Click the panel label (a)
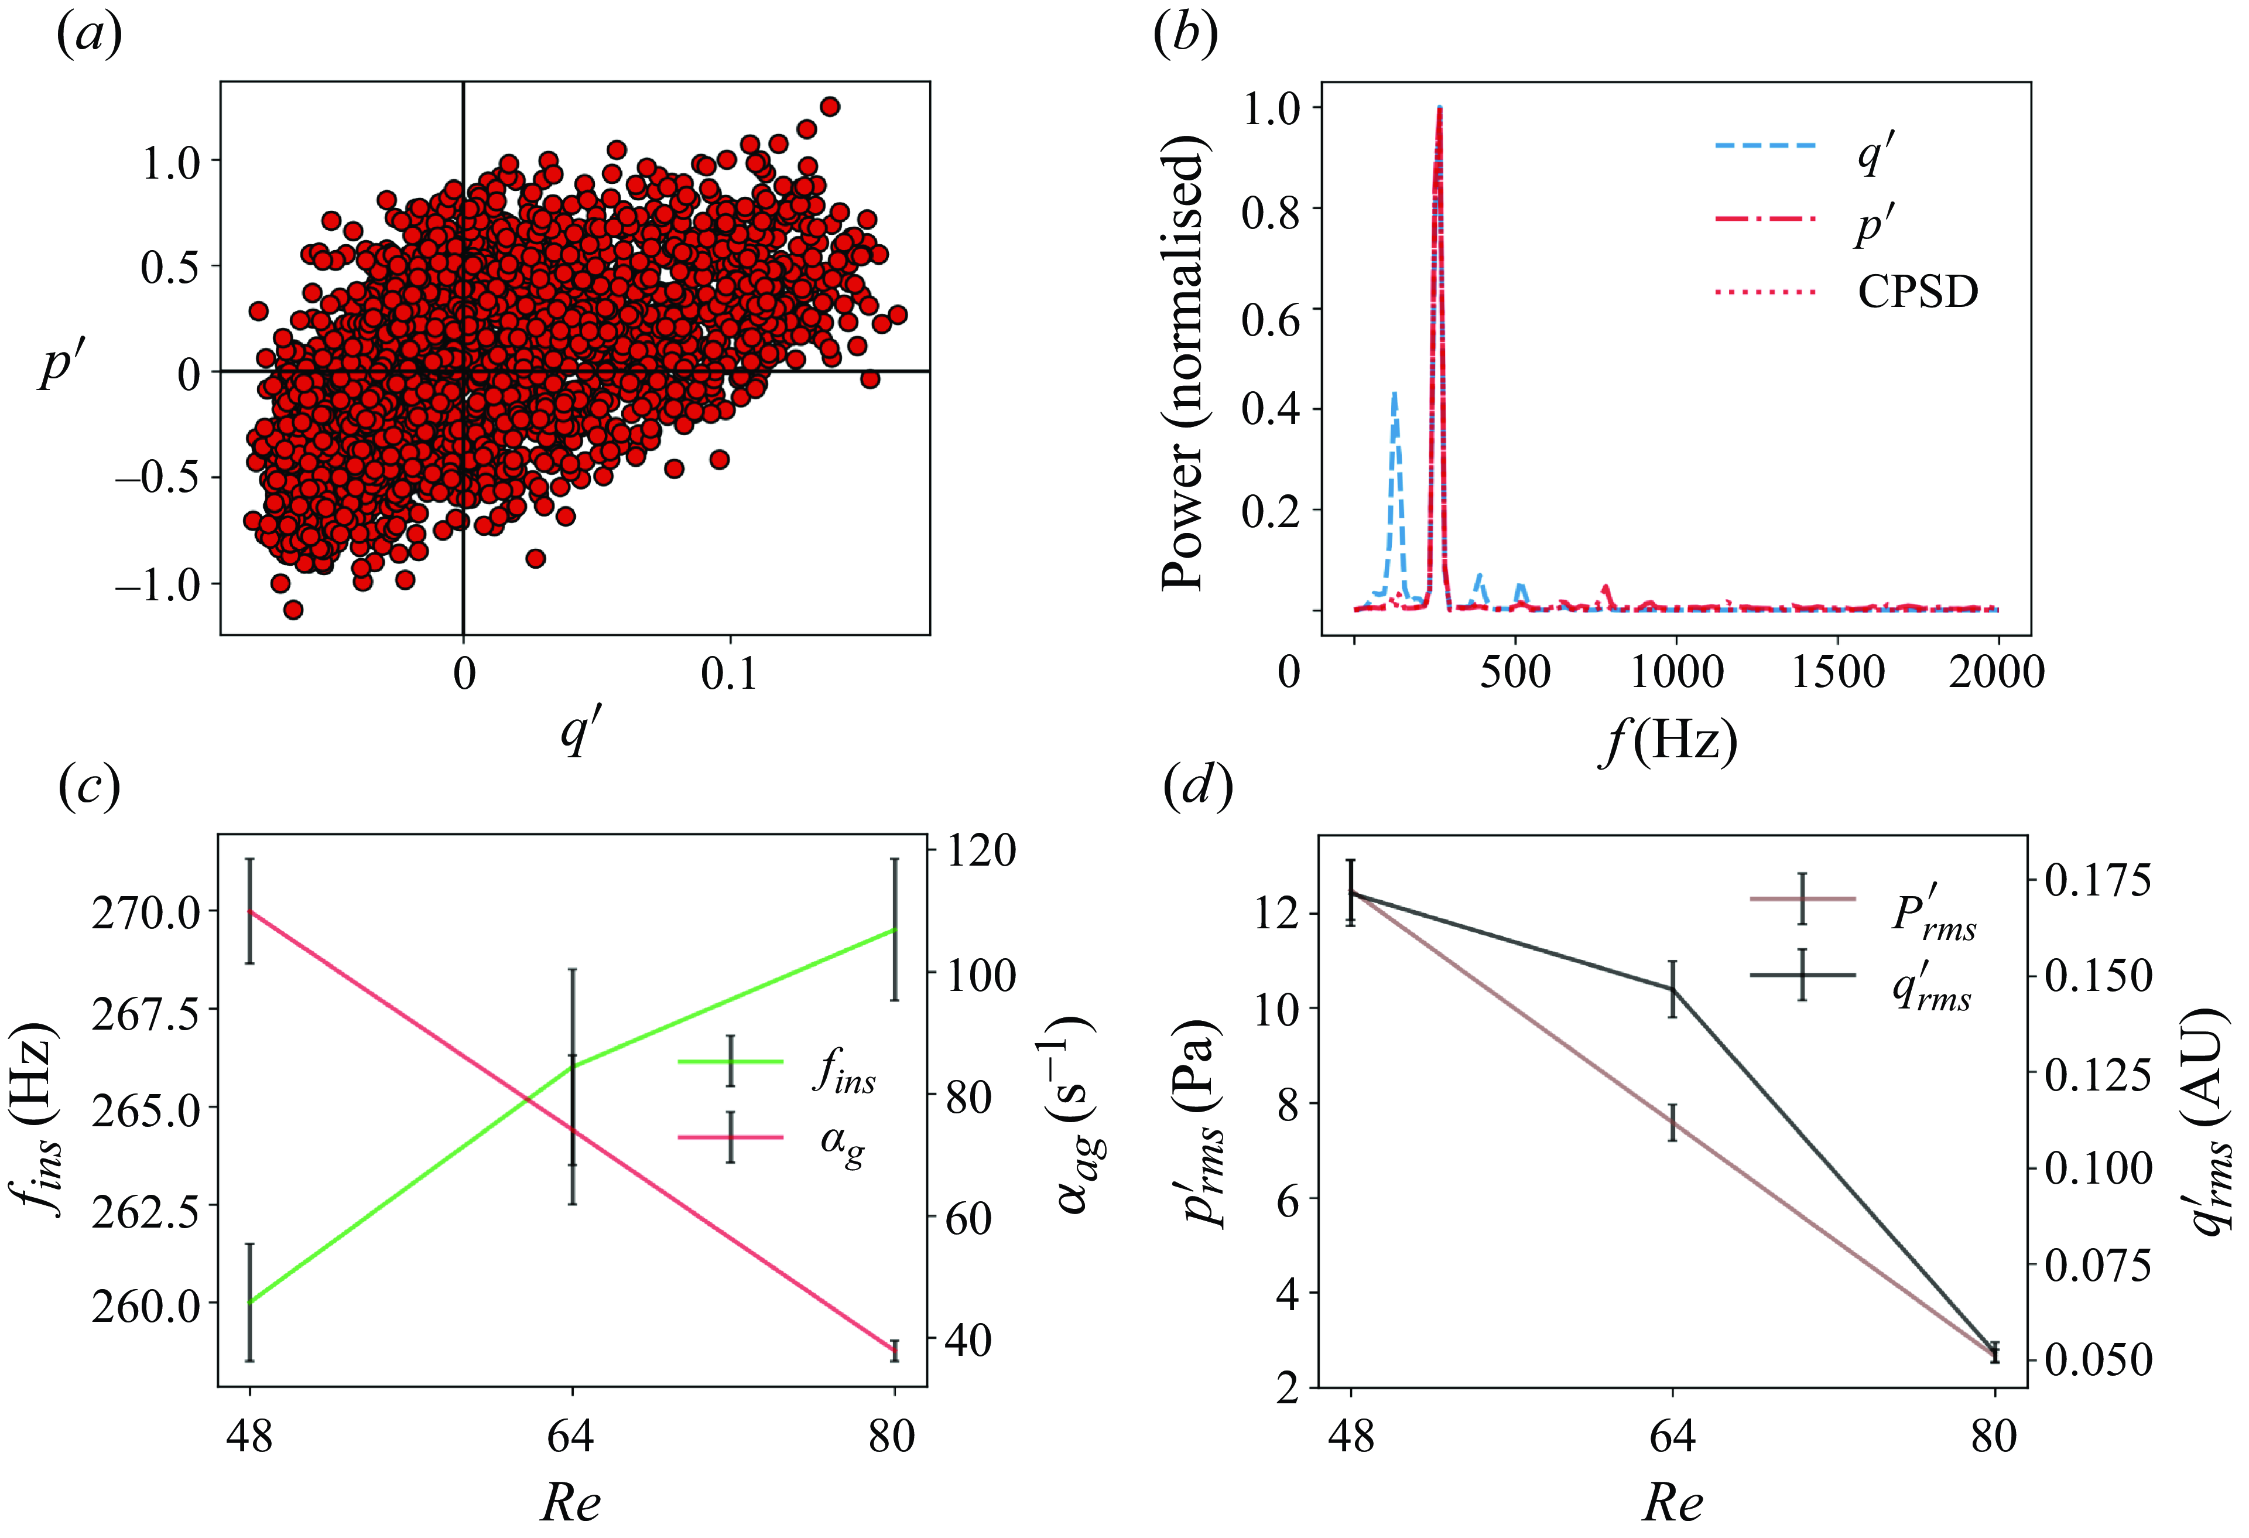89,36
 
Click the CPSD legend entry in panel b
1916,291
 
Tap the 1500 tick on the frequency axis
1837,672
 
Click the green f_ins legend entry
842,1071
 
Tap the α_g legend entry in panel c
840,1143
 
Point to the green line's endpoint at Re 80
894,929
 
